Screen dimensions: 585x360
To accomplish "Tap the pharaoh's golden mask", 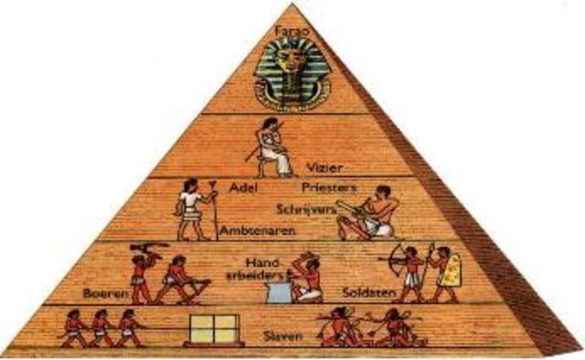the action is click(292, 69).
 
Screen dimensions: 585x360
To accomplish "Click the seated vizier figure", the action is click(272, 147).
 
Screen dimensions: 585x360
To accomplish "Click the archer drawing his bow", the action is click(409, 271).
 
